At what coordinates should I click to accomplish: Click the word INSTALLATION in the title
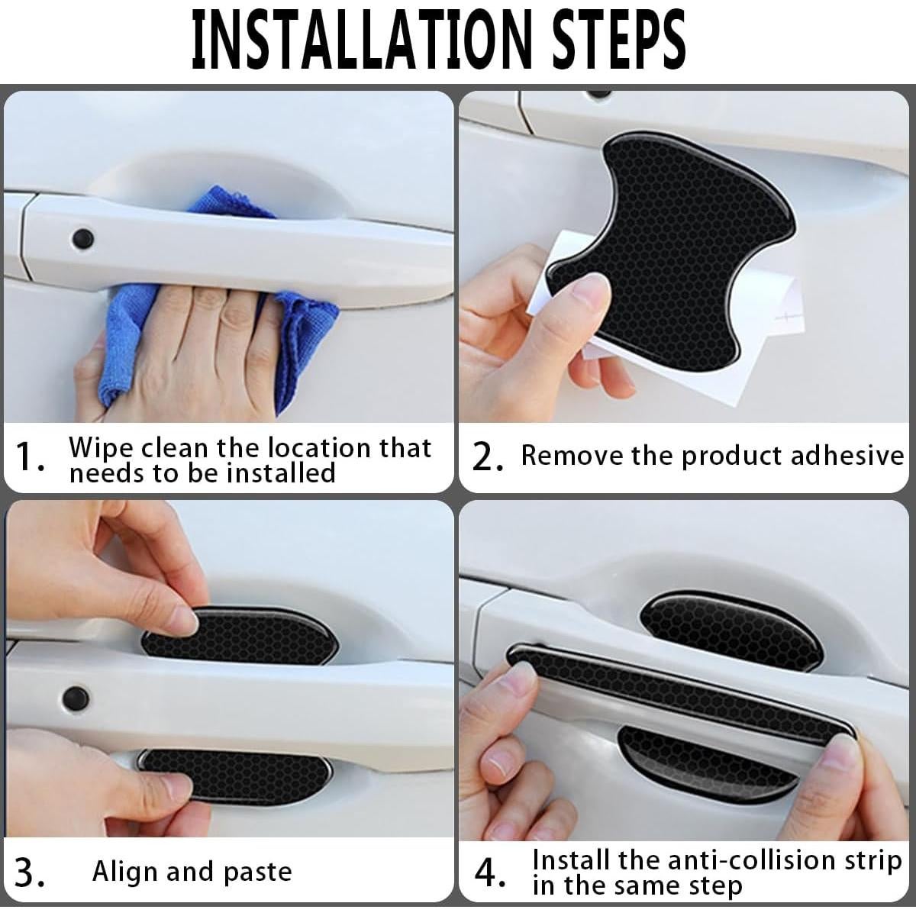click(361, 41)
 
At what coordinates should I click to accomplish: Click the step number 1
click(30, 456)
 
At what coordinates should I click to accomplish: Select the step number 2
click(488, 456)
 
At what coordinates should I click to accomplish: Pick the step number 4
click(489, 871)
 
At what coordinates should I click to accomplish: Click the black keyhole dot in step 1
click(82, 239)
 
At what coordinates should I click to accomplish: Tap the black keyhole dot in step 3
click(76, 697)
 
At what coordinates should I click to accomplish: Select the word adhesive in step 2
click(847, 456)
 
